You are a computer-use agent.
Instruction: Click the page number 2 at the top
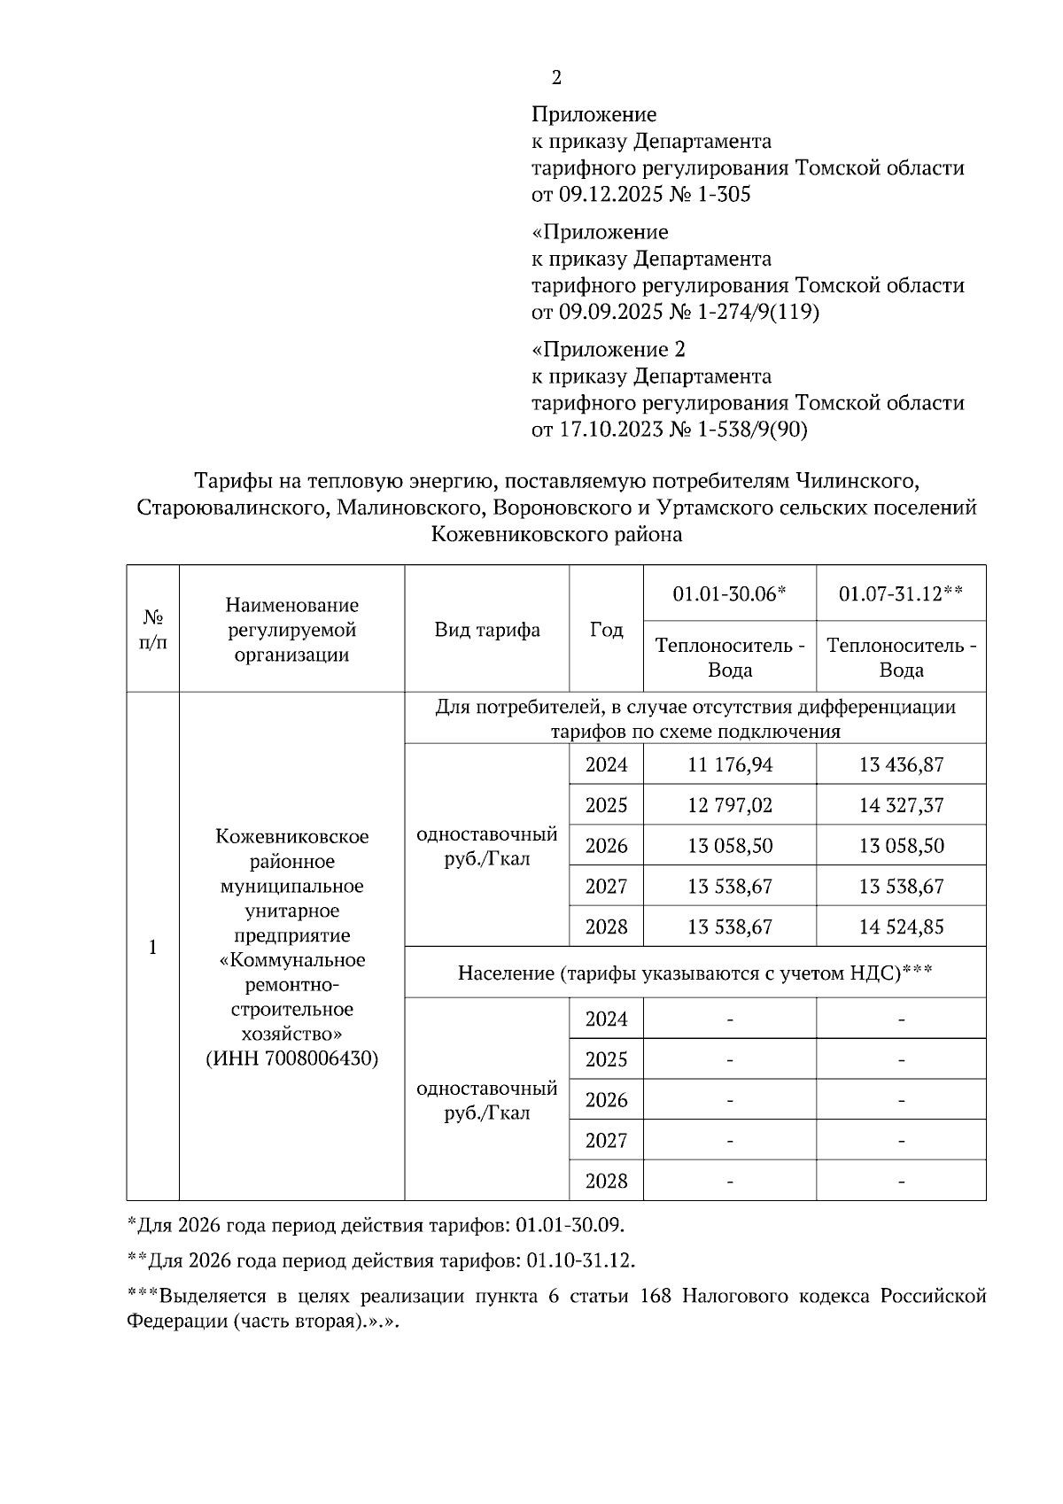[556, 78]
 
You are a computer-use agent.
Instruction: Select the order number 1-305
[724, 195]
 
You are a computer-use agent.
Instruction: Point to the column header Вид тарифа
[486, 630]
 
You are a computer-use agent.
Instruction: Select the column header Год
[606, 630]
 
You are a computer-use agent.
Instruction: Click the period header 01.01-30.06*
[729, 593]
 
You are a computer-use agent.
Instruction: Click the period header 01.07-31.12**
[901, 593]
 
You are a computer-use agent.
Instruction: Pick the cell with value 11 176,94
[730, 764]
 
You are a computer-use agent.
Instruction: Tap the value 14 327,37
[901, 805]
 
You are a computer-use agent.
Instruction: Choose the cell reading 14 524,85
[901, 927]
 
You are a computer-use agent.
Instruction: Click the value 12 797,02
[730, 805]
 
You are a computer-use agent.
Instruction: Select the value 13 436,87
[901, 764]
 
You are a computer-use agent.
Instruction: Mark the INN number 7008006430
[321, 1058]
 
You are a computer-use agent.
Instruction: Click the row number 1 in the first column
[152, 948]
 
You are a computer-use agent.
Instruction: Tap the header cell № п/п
[152, 630]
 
